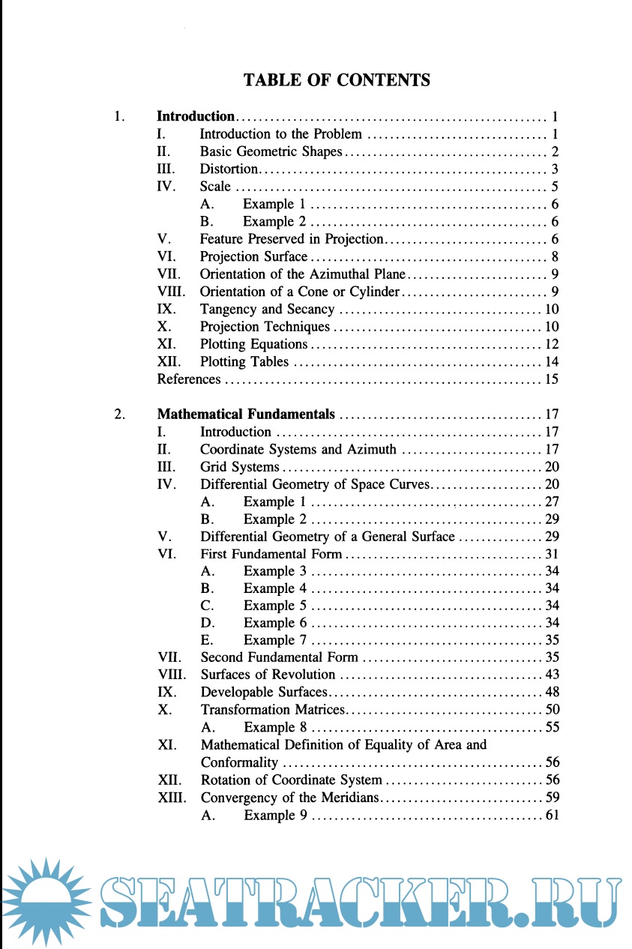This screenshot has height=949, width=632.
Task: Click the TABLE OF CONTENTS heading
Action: click(x=337, y=80)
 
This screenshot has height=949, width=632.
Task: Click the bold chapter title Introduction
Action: click(x=196, y=116)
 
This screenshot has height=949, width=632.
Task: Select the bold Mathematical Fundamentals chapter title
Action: click(x=246, y=414)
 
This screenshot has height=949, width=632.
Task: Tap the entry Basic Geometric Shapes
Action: click(x=271, y=152)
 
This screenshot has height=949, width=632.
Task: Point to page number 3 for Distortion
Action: click(x=555, y=169)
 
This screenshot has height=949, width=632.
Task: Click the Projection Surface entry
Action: click(x=253, y=257)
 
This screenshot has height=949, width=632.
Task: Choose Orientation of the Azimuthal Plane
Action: click(x=302, y=274)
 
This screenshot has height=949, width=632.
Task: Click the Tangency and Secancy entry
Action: click(x=267, y=309)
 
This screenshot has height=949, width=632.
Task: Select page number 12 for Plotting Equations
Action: click(x=552, y=344)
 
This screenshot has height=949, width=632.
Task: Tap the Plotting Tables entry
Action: click(x=244, y=361)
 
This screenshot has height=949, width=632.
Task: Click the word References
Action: click(x=189, y=379)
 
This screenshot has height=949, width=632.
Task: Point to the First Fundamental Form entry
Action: click(x=271, y=555)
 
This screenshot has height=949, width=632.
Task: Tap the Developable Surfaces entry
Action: click(x=264, y=692)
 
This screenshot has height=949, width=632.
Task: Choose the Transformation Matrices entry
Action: click(x=272, y=709)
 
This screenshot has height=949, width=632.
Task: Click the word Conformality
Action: click(x=239, y=763)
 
